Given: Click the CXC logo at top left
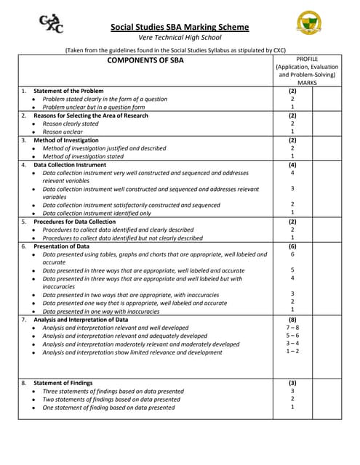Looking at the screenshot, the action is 50,25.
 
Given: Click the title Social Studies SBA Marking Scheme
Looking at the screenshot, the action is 179,28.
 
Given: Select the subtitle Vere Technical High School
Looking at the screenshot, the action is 179,38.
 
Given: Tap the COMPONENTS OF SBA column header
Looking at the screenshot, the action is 145,61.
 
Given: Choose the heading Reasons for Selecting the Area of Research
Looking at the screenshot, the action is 91,116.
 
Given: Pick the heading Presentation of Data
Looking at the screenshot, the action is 62,246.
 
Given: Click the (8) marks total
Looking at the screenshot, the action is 292,319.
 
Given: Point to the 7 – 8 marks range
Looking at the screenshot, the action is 292,328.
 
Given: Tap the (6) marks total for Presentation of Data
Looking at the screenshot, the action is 292,246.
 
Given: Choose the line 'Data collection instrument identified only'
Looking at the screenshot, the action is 97,213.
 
